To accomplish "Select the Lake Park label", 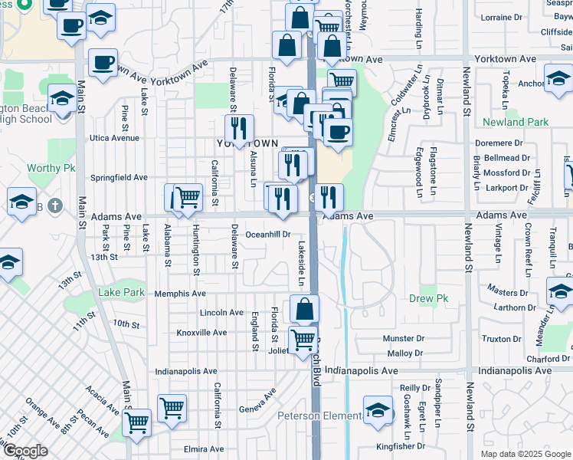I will pos(121,292).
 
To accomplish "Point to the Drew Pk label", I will pos(428,298).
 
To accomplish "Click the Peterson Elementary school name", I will pos(319,416).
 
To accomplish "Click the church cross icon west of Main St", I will pos(53,205).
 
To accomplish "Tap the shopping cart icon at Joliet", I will pos(303,339).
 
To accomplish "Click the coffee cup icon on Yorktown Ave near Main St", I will pos(102,63).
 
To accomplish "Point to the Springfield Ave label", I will pos(119,177).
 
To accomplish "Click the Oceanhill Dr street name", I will pos(268,235).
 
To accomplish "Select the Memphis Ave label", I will pos(180,294).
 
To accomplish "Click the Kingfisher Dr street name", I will pos(401,446).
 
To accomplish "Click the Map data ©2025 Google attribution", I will pos(525,454).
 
